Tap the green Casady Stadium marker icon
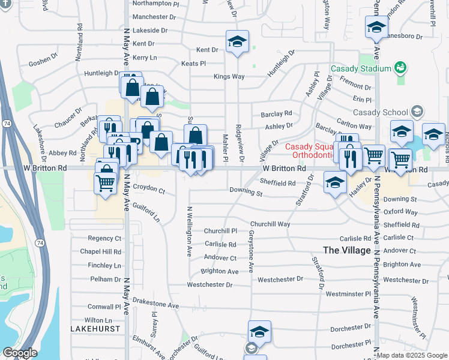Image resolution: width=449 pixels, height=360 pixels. (x=400, y=68)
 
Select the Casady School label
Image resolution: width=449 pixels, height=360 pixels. (x=380, y=112)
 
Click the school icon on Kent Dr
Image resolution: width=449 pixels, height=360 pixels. (x=237, y=42)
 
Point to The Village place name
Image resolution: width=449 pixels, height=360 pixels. (x=346, y=250)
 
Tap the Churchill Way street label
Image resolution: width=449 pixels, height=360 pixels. (x=270, y=224)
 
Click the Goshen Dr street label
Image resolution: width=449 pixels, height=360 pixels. (x=43, y=62)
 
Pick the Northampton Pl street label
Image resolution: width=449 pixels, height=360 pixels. (x=155, y=4)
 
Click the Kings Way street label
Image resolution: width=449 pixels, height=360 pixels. (x=229, y=77)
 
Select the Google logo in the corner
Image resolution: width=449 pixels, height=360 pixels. (x=20, y=353)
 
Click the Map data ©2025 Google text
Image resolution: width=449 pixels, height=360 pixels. (x=412, y=356)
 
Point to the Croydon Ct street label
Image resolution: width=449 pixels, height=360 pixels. (x=149, y=190)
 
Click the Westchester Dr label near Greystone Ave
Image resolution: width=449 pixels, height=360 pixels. (x=280, y=280)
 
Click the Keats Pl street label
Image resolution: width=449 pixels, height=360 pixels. (x=193, y=63)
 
